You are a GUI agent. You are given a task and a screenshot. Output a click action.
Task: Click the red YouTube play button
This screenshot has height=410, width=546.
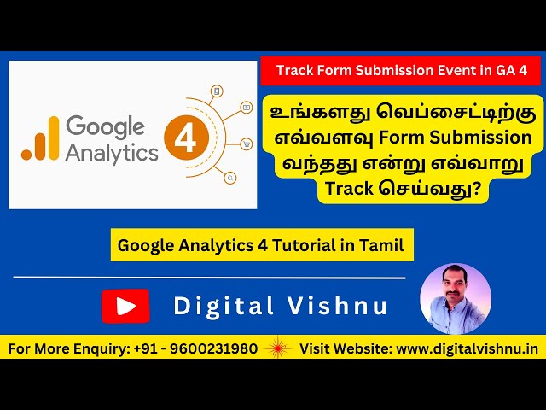(x=125, y=306)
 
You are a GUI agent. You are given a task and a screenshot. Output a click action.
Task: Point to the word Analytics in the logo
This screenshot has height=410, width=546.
(x=113, y=152)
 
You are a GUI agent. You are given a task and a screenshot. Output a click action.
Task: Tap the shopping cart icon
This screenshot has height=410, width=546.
(x=247, y=143)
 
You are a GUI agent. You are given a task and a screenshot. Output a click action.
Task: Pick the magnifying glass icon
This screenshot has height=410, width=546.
(x=229, y=178)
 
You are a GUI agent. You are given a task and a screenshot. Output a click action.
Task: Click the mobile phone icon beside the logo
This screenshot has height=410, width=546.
(x=217, y=90)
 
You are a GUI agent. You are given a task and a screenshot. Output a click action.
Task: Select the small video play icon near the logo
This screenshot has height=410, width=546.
(x=246, y=108)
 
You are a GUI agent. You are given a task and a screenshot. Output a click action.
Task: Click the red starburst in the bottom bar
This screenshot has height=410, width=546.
(x=278, y=348)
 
